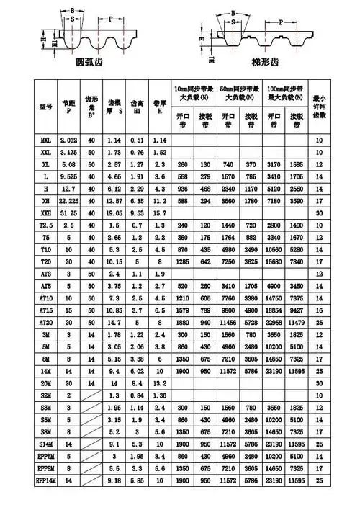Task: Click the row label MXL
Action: click(45, 139)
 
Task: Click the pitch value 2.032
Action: click(69, 139)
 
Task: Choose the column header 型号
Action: click(45, 106)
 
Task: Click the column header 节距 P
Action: click(69, 106)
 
